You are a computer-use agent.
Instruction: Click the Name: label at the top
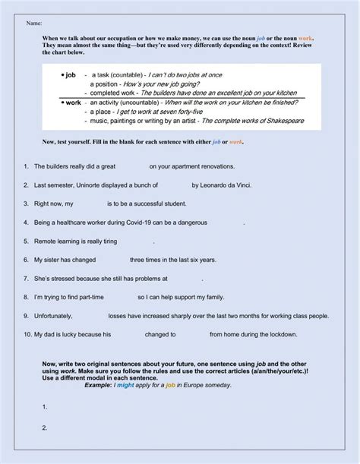pos(34,24)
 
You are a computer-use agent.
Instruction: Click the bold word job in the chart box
pos(71,75)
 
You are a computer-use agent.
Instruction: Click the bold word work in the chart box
pos(72,102)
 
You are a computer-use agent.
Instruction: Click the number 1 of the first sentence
pos(27,166)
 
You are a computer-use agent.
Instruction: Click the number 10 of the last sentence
pos(27,333)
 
